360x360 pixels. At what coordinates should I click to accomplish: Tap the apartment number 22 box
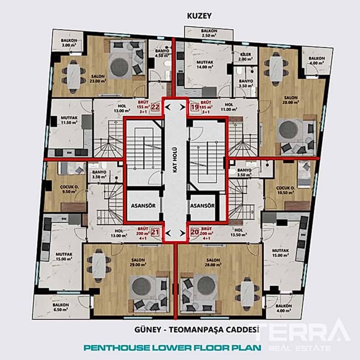pos(155,107)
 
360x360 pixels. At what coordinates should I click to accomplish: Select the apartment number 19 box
pos(194,107)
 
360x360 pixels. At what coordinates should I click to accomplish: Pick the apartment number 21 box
pos(155,232)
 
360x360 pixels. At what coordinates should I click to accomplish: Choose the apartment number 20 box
pos(195,232)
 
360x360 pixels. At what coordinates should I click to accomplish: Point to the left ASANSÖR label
pos(143,206)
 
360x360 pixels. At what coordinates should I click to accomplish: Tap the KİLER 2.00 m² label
pos(245,56)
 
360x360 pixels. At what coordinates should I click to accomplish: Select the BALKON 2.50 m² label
pos(209,33)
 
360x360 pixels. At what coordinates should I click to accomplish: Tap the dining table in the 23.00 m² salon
pos(73,75)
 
